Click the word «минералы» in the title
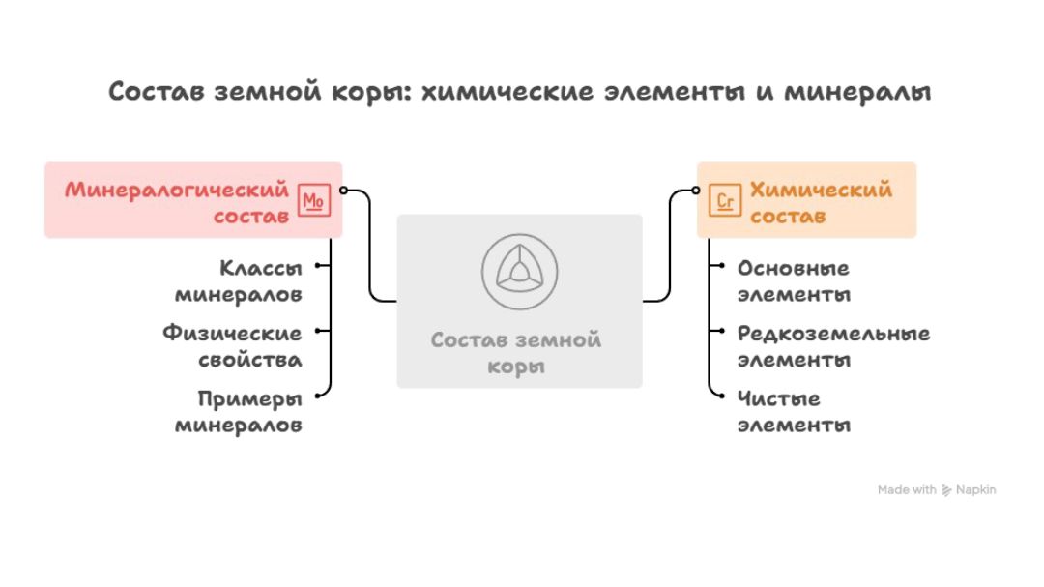point(857,92)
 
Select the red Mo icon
point(313,200)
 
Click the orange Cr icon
point(725,200)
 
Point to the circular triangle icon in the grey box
point(520,272)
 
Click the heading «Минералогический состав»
point(177,202)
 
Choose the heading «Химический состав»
point(821,202)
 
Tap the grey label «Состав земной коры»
point(516,353)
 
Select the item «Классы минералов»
point(239,281)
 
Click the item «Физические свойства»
point(232,346)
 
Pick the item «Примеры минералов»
point(239,412)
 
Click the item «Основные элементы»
point(794,281)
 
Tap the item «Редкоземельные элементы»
point(833,346)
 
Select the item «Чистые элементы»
point(794,412)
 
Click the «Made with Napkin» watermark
point(937,490)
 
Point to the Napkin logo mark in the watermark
point(946,490)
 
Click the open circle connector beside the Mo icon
point(343,191)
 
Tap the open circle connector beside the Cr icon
point(696,191)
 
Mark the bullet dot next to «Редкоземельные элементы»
point(722,331)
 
